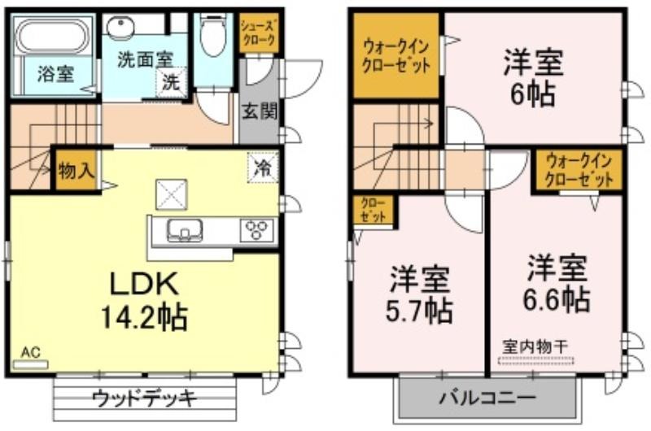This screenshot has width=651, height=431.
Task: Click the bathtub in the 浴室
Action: click(52, 37)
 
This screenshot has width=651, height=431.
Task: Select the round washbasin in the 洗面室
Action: click(120, 28)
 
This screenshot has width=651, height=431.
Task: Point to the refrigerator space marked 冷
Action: click(263, 168)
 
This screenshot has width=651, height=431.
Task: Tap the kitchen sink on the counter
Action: click(185, 230)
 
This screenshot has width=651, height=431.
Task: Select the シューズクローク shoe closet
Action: click(259, 33)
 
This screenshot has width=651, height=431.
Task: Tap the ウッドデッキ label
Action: click(144, 398)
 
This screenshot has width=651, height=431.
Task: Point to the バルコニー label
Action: click(487, 398)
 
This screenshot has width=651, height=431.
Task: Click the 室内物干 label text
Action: click(535, 346)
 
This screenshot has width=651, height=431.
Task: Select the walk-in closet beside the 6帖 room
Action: click(396, 56)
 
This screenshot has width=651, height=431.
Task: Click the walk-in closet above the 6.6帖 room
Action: click(579, 170)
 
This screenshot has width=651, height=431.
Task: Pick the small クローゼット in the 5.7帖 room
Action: click(374, 211)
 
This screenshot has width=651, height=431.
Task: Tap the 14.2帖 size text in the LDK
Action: click(144, 317)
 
